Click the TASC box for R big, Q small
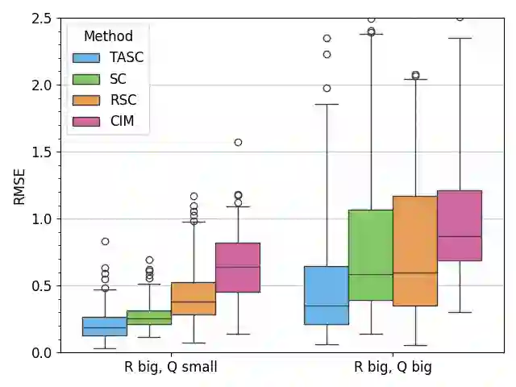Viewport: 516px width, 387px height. pos(105,326)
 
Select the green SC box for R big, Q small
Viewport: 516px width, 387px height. pos(149,318)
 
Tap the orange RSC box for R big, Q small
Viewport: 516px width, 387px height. pos(193,298)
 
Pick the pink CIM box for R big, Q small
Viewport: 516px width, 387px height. pos(238,268)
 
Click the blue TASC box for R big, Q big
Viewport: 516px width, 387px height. pos(327,295)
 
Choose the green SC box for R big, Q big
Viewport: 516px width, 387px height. pos(371,255)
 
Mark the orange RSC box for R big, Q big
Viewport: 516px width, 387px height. pos(415,251)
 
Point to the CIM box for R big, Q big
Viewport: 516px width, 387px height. pos(460,225)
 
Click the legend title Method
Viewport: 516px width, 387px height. pos(108,36)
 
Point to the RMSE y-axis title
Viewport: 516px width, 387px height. pos(20,185)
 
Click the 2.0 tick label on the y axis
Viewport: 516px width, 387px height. pos(41,85)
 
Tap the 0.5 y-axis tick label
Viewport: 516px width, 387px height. pos(41,285)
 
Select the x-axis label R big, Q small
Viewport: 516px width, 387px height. pos(171,368)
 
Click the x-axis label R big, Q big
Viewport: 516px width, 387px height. pos(393,368)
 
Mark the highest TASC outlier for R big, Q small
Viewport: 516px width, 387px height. pos(105,241)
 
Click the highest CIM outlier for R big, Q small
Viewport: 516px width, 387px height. pos(238,142)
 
